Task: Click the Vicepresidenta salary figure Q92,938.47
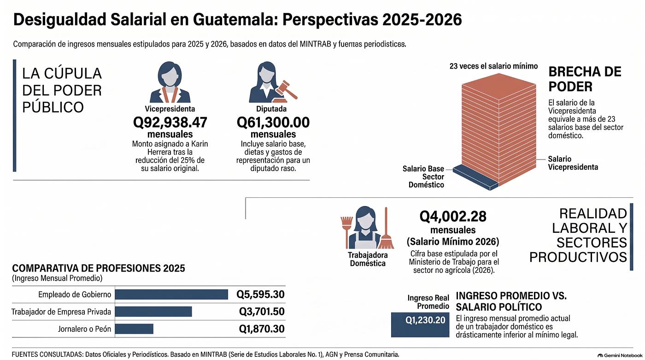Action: coord(170,123)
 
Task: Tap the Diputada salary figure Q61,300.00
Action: coord(273,123)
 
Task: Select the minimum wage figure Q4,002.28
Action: coord(453,217)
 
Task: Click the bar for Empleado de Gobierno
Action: coord(171,295)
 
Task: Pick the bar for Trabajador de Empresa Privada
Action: coord(153,312)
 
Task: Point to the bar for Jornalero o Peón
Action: coord(134,329)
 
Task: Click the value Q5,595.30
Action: coord(260,295)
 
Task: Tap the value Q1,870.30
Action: coord(262,329)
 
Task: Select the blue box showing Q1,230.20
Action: coord(420,325)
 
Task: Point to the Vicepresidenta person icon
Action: coord(170,82)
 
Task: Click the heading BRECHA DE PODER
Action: coord(585,79)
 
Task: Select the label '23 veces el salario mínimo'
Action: coord(493,66)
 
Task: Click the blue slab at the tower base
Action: coord(475,177)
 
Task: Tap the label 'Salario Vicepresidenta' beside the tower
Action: coord(573,163)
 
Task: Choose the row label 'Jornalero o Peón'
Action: coord(84,329)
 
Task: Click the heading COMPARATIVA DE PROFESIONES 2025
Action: coord(99,268)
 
